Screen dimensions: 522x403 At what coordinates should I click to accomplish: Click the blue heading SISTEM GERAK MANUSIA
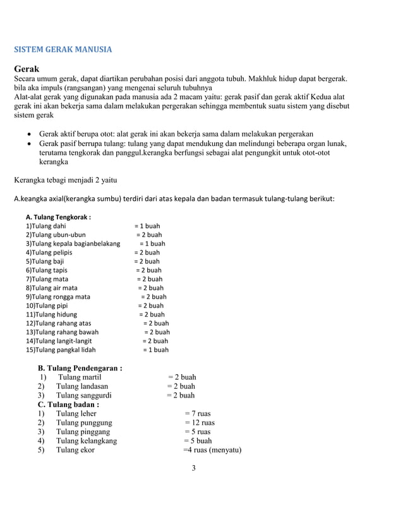(63, 49)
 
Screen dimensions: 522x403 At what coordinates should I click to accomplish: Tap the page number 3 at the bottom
(194, 468)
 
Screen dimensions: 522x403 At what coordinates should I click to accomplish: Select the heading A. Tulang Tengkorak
(58, 217)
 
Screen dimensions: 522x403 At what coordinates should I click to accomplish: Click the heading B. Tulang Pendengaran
(80, 368)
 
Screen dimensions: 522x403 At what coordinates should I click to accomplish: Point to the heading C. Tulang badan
(68, 404)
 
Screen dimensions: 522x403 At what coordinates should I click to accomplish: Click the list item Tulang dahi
(45, 226)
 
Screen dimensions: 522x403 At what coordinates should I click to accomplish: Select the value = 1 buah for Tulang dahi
(147, 226)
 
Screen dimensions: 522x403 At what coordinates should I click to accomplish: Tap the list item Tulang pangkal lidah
(61, 349)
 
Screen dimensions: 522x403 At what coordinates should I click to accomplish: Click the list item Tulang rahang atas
(58, 323)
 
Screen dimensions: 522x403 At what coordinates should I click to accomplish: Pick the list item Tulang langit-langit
(59, 341)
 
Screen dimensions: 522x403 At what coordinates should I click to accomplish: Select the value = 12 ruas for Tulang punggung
(200, 423)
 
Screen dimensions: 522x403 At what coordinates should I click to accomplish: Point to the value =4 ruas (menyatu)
(212, 451)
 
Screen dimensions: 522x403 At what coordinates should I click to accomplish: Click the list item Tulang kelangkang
(86, 441)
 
